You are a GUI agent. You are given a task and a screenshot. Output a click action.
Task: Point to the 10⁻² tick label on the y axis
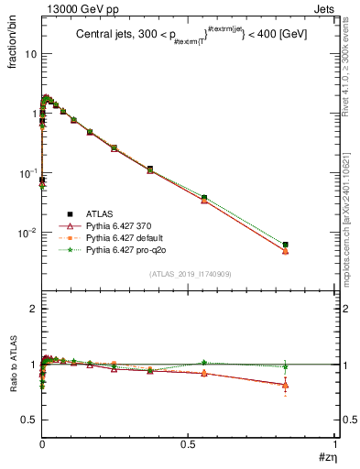coord(26,233)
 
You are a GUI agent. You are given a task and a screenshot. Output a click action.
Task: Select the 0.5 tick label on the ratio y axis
coord(28,420)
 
